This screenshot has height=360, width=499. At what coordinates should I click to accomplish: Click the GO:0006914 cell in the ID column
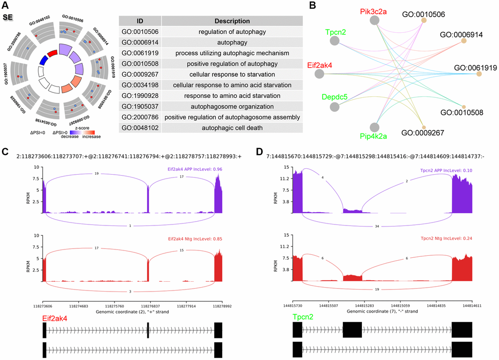click(x=140, y=43)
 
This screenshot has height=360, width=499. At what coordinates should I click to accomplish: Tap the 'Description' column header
click(x=232, y=21)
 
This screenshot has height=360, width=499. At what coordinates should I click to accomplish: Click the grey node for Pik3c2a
click(x=375, y=20)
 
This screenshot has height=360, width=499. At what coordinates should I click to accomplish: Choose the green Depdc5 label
click(x=334, y=97)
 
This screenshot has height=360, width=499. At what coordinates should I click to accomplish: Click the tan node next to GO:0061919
click(x=479, y=74)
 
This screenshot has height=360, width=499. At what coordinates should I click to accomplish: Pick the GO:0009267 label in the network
click(x=423, y=133)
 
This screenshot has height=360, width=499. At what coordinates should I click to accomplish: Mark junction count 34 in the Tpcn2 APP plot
click(x=377, y=227)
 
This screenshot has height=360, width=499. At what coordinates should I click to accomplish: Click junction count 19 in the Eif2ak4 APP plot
click(x=96, y=173)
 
